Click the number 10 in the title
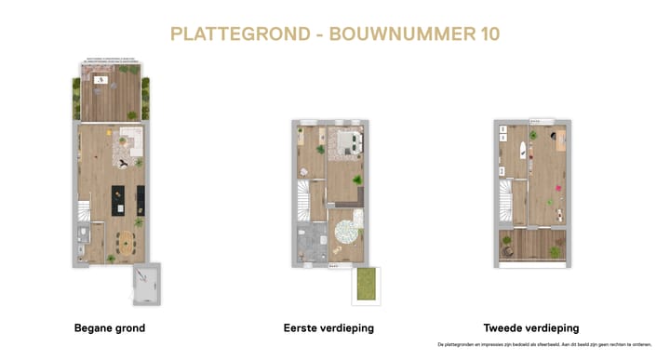click(485, 34)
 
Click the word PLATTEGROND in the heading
click(240, 34)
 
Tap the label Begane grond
click(109, 327)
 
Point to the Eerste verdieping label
click(329, 327)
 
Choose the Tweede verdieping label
click(531, 327)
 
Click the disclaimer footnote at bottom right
click(543, 344)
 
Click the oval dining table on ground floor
click(124, 245)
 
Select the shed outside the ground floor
click(145, 283)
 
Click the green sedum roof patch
click(366, 285)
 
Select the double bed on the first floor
click(345, 141)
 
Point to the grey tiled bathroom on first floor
click(310, 243)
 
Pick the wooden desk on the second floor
click(562, 142)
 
